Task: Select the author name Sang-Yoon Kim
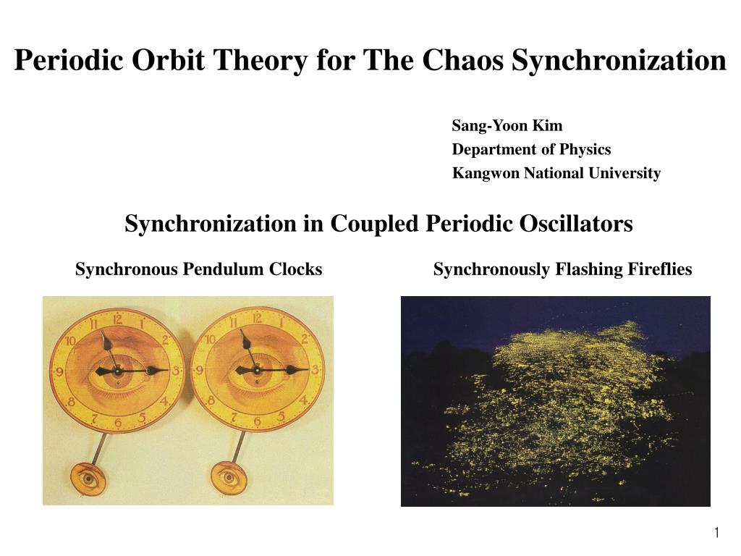[507, 126]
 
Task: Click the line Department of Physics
[531, 149]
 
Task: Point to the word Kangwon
[486, 174]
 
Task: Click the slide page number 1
[717, 533]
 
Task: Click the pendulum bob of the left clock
[88, 479]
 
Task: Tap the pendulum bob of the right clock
[229, 478]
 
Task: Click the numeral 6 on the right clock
[258, 421]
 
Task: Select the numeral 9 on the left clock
[59, 371]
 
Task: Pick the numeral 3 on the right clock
[315, 369]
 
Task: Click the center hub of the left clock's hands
[117, 371]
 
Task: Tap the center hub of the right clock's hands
[257, 370]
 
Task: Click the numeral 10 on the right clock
[211, 339]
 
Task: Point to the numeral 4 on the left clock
[164, 402]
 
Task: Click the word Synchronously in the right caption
[491, 269]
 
